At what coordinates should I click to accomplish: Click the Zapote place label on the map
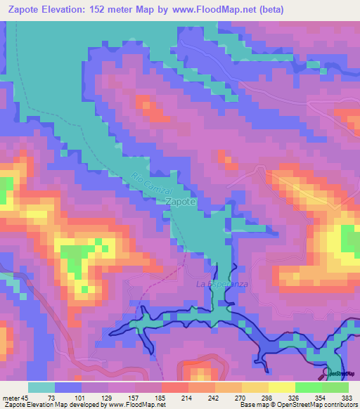(180, 202)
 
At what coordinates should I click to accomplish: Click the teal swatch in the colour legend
(41, 387)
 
